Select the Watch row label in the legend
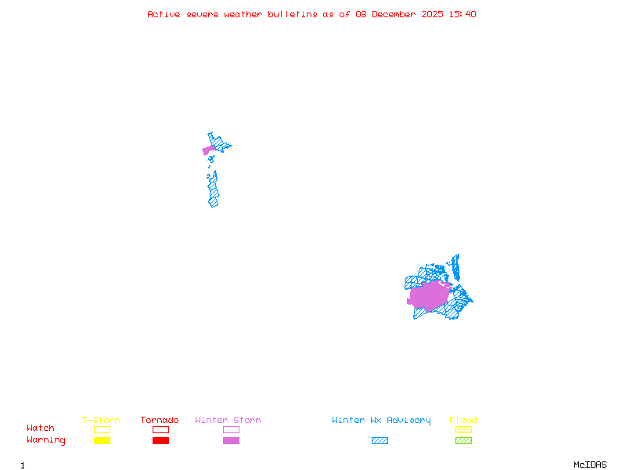41,428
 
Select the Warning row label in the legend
45,440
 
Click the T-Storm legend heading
101,421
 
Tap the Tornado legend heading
160,421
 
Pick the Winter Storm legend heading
228,421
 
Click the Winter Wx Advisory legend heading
381,421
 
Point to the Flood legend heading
463,421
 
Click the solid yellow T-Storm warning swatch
102,441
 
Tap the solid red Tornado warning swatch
160,441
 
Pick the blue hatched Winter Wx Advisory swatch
380,441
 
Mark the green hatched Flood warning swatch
463,441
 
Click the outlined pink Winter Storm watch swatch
231,429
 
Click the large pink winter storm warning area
429,296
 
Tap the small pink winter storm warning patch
208,150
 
